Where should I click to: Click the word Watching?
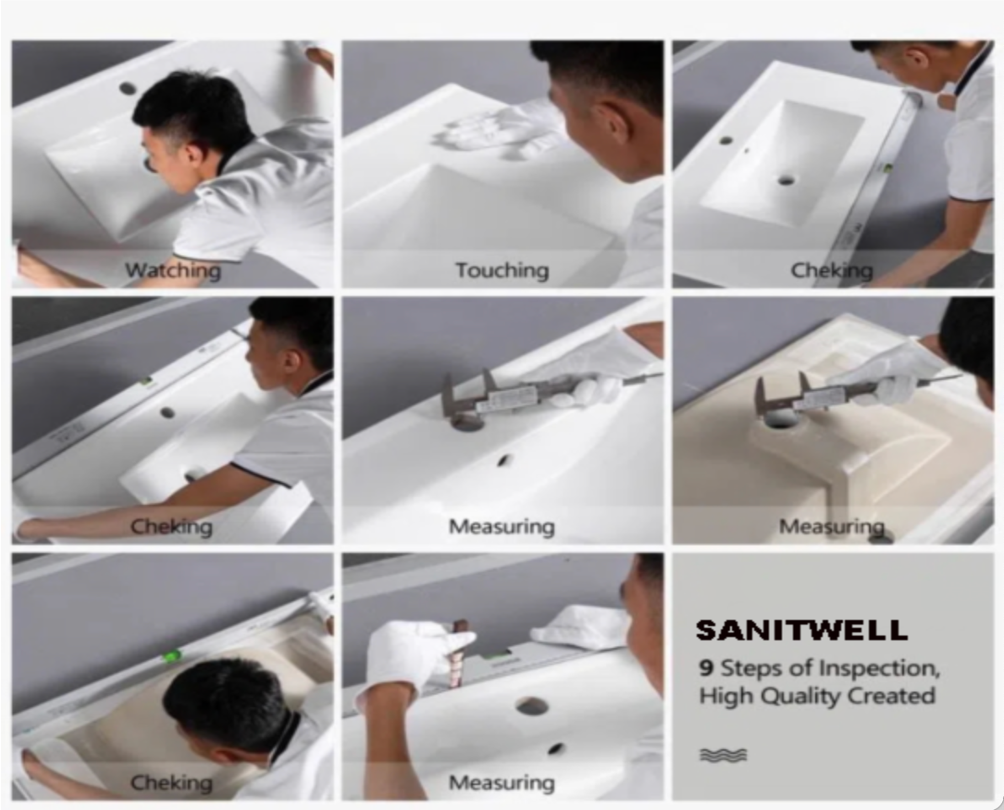point(173,271)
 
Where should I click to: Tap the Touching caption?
point(503,271)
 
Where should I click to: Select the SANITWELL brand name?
point(802,630)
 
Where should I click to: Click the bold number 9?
point(707,668)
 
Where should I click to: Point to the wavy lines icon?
point(723,755)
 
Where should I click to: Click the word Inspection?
point(880,669)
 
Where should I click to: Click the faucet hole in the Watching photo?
point(127,88)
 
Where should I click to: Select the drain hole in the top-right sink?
point(786,179)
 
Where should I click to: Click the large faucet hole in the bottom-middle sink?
point(532,705)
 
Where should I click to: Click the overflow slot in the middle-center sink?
point(503,460)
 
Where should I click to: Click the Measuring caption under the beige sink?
point(832,527)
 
